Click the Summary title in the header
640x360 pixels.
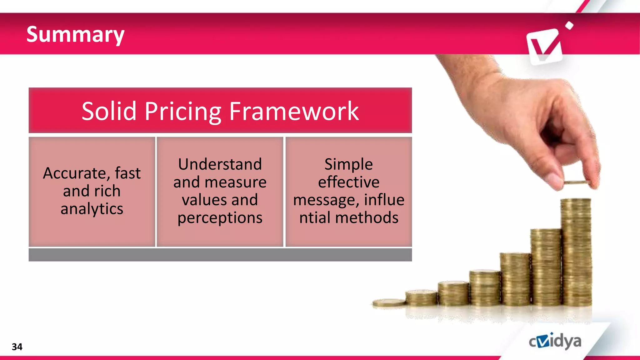(x=75, y=34)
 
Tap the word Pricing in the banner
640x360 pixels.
(x=183, y=111)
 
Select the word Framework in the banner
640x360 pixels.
(x=294, y=111)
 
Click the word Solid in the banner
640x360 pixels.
(x=109, y=111)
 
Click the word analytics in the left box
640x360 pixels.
(x=92, y=209)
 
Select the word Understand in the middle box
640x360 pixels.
(x=220, y=164)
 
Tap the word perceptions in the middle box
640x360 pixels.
(x=220, y=218)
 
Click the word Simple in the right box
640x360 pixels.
(x=348, y=164)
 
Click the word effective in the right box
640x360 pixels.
(x=348, y=182)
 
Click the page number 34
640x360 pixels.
(x=17, y=347)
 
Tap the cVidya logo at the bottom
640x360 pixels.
(x=555, y=341)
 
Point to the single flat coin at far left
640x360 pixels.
(x=388, y=302)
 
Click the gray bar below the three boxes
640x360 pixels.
(x=220, y=255)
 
